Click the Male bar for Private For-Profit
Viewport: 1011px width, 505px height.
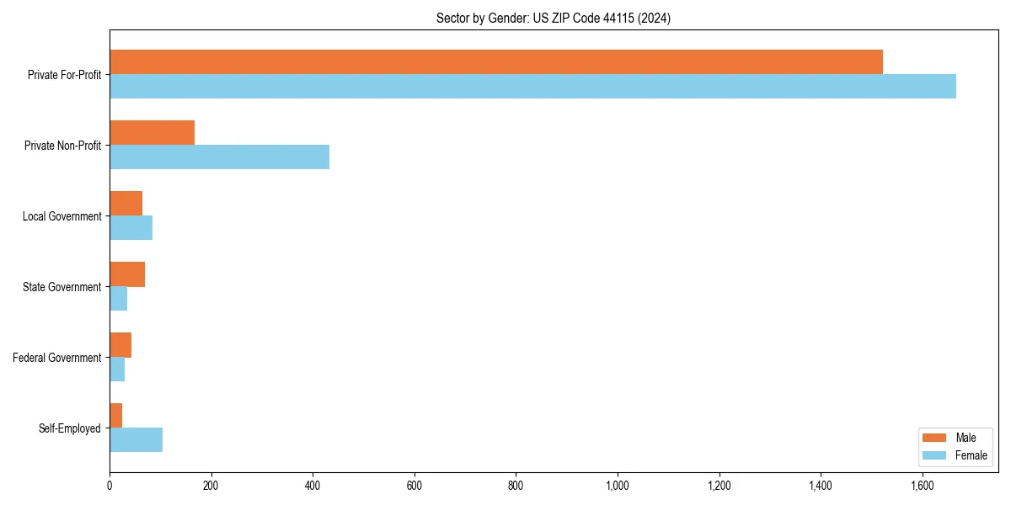(x=495, y=62)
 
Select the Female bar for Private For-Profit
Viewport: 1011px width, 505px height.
(x=532, y=87)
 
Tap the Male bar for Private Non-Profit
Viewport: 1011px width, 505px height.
(x=152, y=133)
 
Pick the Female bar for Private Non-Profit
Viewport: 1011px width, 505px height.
(x=219, y=157)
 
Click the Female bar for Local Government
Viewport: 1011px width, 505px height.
(x=131, y=228)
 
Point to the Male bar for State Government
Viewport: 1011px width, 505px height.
(x=127, y=274)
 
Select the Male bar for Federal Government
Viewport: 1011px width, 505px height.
(x=120, y=345)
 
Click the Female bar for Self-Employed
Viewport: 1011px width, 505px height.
(x=136, y=440)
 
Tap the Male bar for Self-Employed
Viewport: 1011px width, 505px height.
(x=116, y=416)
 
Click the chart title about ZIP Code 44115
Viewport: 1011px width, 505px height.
(x=554, y=18)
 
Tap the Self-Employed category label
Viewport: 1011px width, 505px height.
(x=70, y=428)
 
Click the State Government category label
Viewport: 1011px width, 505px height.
(x=62, y=287)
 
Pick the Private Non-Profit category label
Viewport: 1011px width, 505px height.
(x=62, y=146)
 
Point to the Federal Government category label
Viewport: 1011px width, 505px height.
(x=57, y=358)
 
